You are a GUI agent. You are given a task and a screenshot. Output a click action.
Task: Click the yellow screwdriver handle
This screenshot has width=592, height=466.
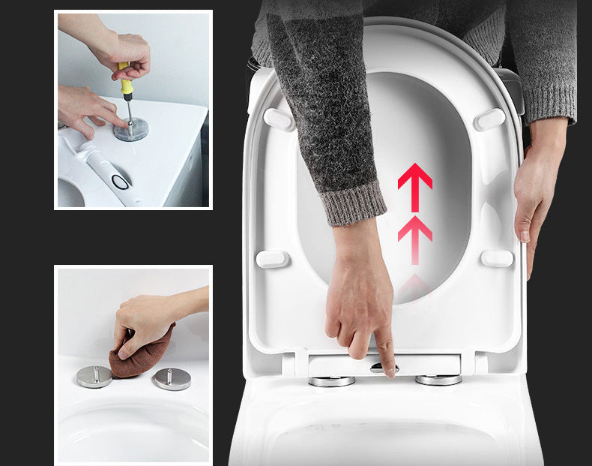click(x=126, y=82)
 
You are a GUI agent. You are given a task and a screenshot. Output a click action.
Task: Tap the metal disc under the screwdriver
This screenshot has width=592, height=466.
click(x=130, y=131)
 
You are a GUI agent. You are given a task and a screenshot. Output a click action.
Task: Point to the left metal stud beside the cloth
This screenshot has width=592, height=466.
click(x=94, y=375)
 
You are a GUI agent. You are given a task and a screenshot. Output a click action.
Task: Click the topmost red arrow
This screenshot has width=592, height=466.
click(x=414, y=184)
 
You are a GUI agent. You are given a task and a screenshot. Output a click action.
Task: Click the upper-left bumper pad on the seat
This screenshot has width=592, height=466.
click(x=279, y=119)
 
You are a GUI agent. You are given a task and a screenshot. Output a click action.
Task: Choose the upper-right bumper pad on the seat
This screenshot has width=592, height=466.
click(x=490, y=119)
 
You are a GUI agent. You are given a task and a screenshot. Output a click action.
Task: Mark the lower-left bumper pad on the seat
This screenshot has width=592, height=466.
click(x=273, y=259)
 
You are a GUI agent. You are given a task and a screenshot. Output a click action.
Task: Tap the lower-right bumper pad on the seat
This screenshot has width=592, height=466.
click(x=497, y=258)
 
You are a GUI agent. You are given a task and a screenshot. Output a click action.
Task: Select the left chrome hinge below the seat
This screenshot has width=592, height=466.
click(x=331, y=380)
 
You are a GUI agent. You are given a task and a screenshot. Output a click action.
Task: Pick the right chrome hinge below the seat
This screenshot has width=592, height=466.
click(x=438, y=380)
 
